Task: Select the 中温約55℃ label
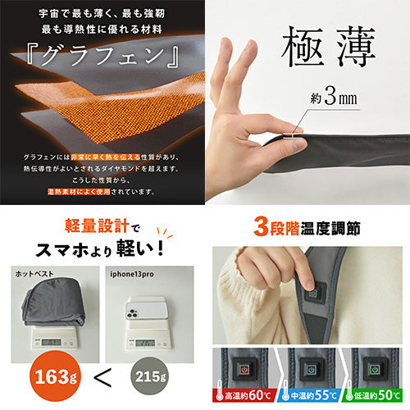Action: pos(307,397)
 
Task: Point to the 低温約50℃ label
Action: pos(373,397)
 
